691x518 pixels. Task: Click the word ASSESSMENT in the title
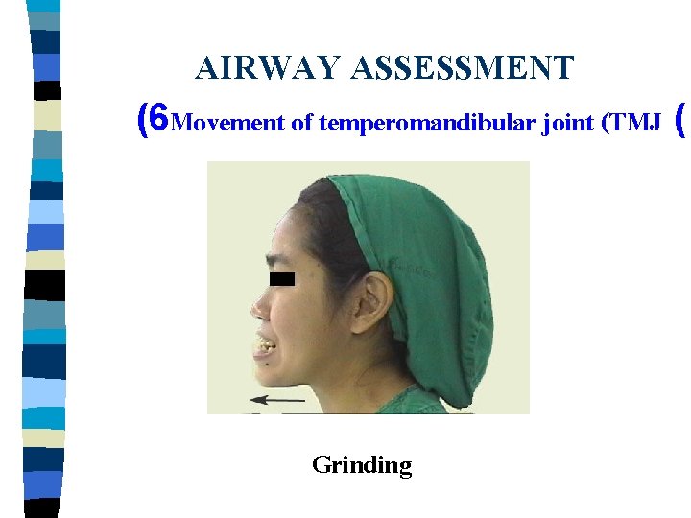[x=463, y=68]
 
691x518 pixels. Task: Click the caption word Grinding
[x=362, y=465]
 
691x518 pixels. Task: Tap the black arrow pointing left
[x=276, y=398]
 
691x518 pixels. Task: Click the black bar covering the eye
[x=281, y=280]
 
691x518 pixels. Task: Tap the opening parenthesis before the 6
[x=143, y=120]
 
